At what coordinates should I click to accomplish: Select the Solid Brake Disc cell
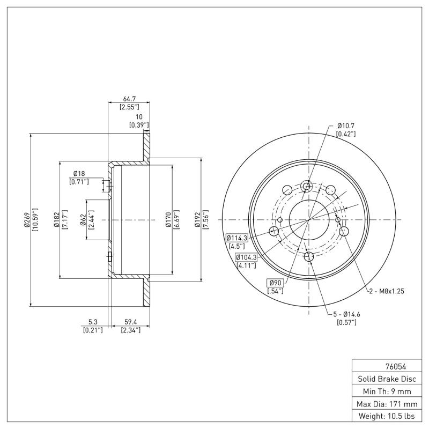[x=386, y=379]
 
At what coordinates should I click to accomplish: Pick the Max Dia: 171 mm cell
[x=386, y=403]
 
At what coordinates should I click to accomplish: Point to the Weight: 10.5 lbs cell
[x=386, y=416]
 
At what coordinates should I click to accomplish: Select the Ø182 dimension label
[x=56, y=220]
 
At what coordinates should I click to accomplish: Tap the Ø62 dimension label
[x=84, y=220]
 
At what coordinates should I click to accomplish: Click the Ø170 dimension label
[x=168, y=220]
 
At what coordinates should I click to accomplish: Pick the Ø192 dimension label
[x=198, y=220]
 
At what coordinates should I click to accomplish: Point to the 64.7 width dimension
[x=129, y=99]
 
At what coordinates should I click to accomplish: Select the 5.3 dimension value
[x=93, y=322]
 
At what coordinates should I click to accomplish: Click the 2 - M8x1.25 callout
[x=386, y=291]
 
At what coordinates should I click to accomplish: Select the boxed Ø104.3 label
[x=246, y=257]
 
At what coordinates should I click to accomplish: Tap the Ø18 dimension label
[x=79, y=173]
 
